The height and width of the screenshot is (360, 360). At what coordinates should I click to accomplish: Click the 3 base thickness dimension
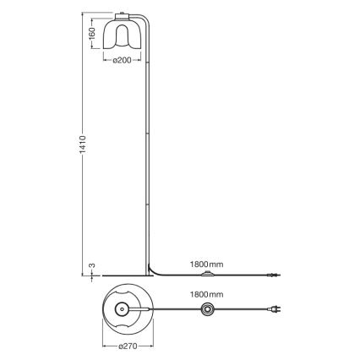(93, 268)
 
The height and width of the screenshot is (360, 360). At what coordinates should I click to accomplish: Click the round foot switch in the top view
(205, 312)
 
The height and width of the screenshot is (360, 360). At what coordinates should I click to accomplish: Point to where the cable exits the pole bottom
(152, 270)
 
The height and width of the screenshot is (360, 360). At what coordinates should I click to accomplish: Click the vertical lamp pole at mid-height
(150, 144)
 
